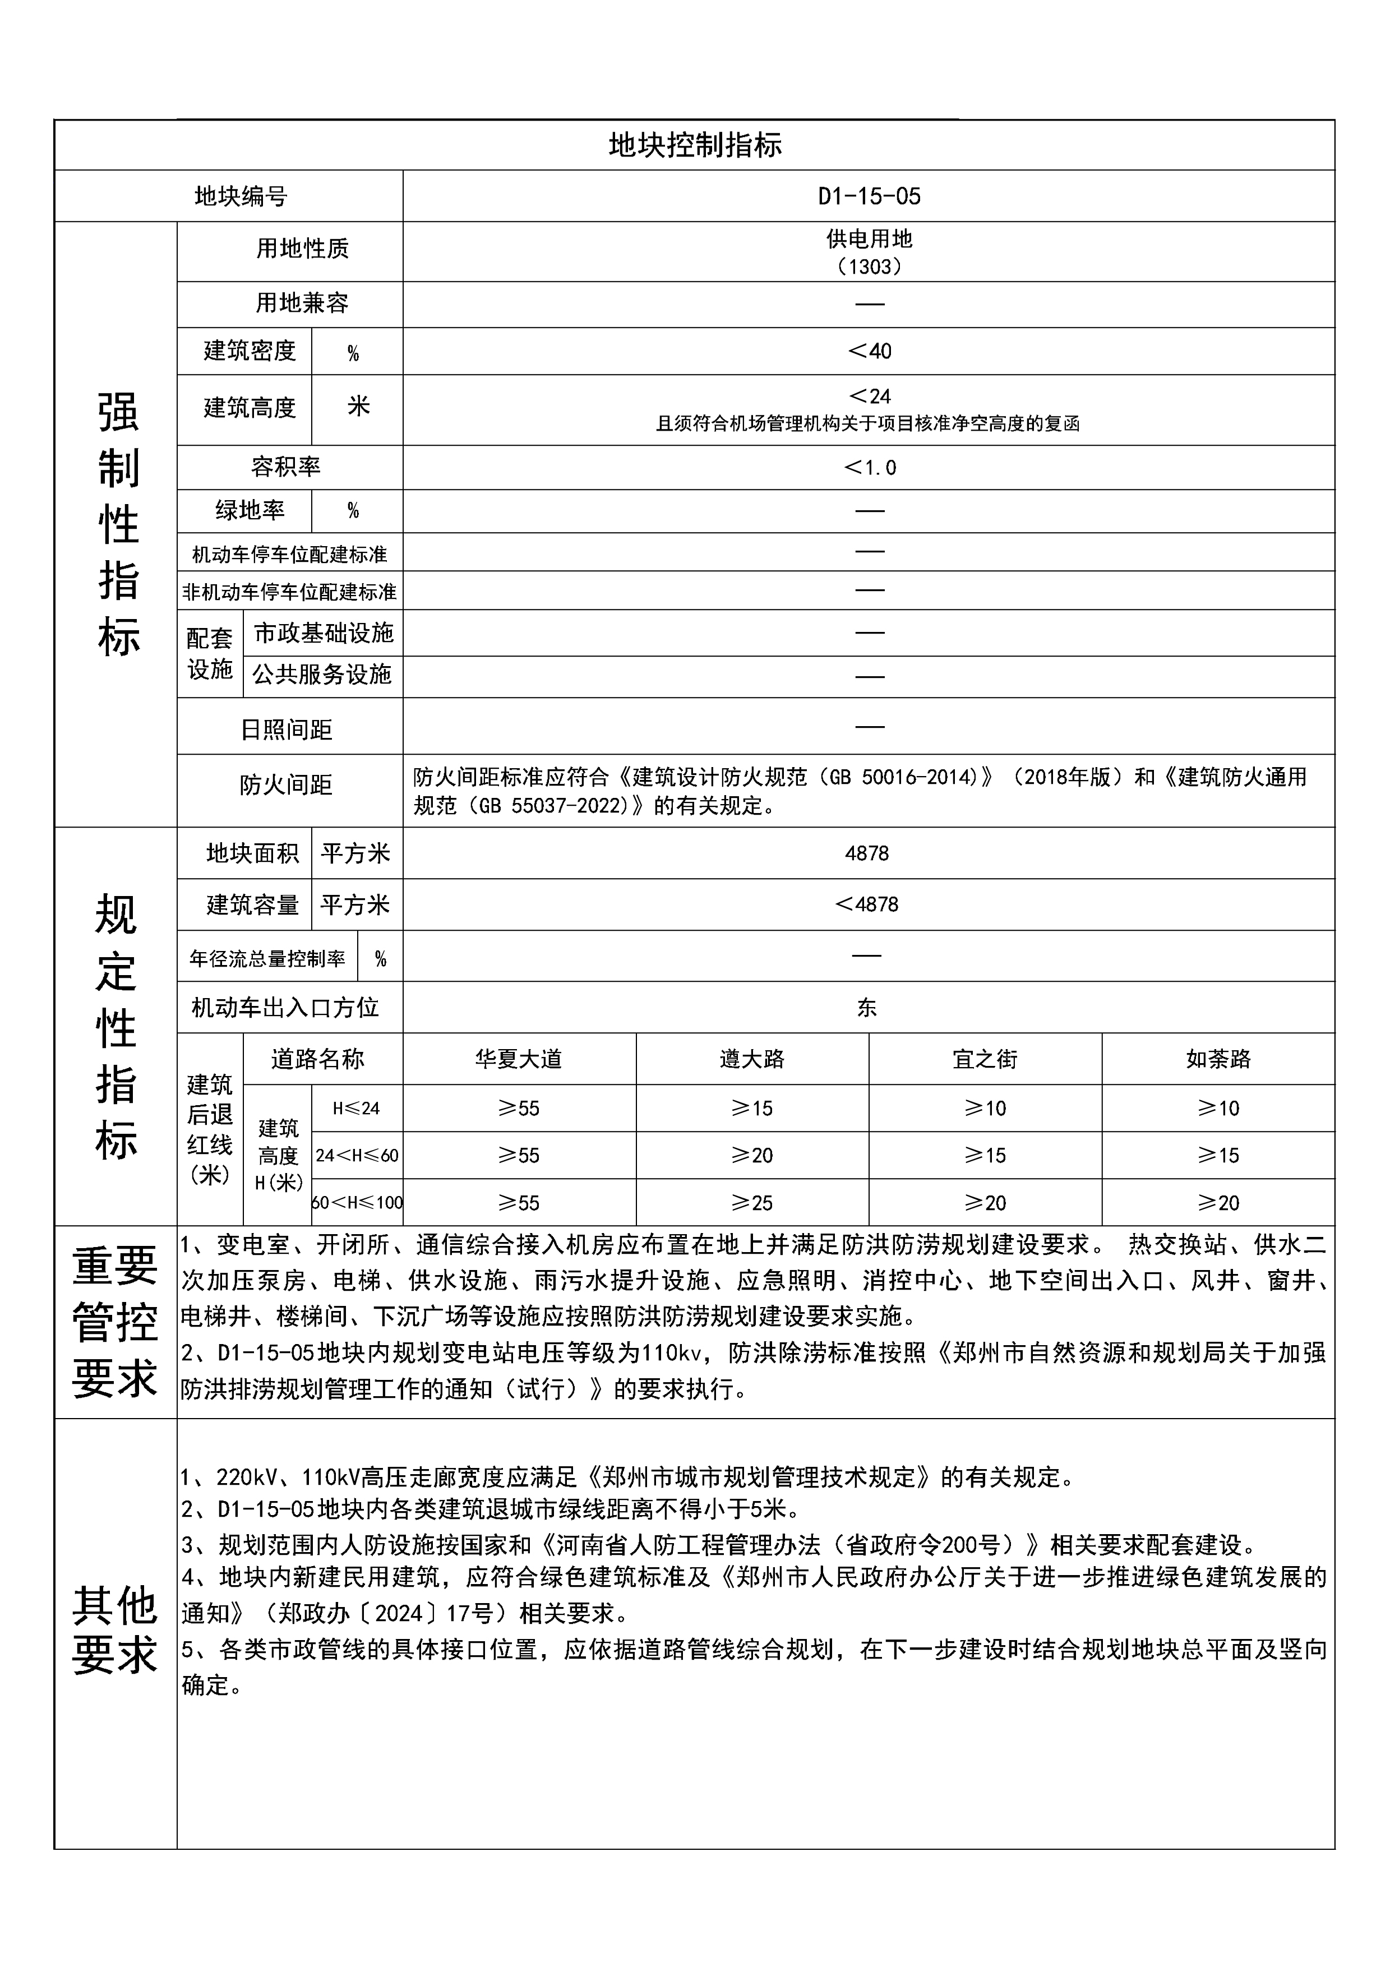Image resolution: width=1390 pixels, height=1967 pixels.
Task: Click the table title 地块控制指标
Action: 695,146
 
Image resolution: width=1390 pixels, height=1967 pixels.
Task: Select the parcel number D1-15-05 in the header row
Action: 869,197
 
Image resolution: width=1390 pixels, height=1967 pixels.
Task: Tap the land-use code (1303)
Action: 869,266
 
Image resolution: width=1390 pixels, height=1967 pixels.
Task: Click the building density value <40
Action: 869,351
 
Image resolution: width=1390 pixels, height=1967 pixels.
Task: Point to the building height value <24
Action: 869,396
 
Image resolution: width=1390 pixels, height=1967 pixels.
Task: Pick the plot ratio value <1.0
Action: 869,468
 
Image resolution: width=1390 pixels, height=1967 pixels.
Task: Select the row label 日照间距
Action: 286,730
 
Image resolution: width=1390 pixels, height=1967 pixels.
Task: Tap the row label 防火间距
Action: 286,785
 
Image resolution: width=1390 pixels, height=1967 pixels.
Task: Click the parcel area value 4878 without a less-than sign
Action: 867,853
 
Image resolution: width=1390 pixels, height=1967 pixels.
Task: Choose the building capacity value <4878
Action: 867,904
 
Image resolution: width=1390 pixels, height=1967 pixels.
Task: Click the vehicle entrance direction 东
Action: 867,1008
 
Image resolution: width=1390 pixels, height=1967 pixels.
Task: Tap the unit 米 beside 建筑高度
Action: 358,406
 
